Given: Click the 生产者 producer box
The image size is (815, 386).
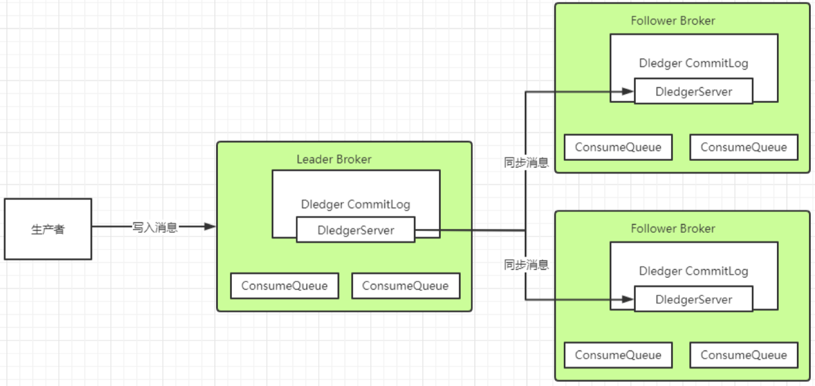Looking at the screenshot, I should pos(48,229).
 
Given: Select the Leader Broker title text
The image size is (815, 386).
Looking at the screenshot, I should pos(334,159).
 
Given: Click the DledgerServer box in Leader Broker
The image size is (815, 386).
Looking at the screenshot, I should pos(355,230).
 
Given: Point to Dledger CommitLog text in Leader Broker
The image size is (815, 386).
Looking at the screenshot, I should pos(355,205).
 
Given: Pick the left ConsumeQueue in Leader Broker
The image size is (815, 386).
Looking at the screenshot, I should pos(284,286).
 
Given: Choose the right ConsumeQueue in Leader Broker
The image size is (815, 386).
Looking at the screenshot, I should pos(405,286).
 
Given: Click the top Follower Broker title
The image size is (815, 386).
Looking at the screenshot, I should pos(673,21).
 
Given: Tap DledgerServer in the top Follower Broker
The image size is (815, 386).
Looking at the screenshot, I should pos(694,91).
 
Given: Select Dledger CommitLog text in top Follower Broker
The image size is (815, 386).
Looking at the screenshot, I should pos(694,63).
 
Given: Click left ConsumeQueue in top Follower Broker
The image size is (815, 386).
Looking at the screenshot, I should pos(618,147).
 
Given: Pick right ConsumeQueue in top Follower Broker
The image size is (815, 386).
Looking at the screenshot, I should pos(744,147).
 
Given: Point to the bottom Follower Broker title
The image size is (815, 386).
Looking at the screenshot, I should pos(673,229).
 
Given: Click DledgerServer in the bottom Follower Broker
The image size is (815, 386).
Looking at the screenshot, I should pos(694,299).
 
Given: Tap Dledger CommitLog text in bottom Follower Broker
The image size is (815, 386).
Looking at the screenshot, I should pos(694,271).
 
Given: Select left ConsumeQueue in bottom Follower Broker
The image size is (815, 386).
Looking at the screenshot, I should pos(618,355).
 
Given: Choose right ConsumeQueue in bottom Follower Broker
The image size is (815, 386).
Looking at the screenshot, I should pos(744,355).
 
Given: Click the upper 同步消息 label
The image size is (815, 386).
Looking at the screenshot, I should pos(526,163).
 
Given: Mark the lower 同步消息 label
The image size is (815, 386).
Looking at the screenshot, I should pos(526,265).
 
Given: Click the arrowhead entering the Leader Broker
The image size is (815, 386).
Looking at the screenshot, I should pos(210,227).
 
